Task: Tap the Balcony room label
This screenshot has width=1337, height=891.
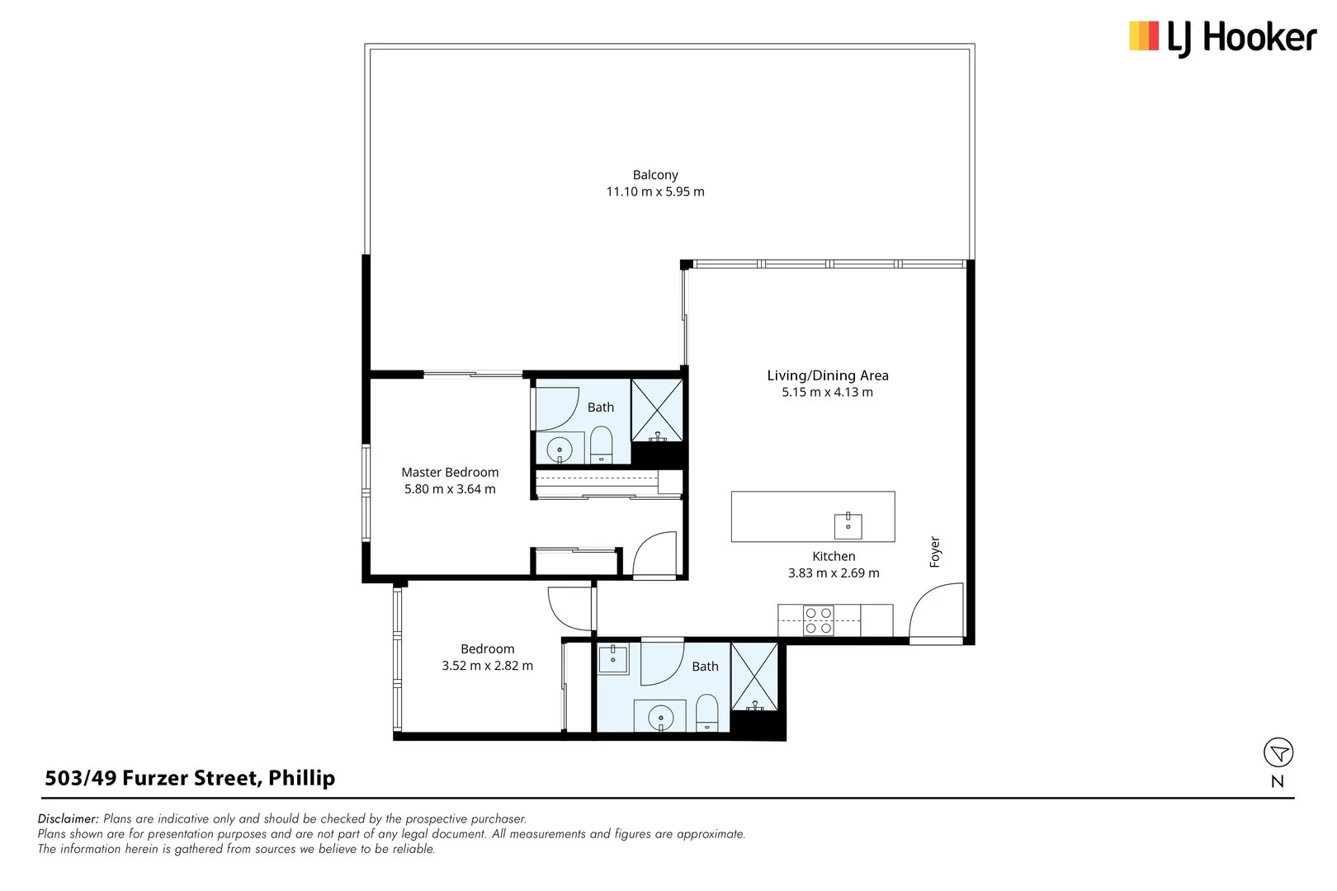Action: point(655,175)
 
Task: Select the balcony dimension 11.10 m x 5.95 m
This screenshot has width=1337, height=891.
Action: point(655,191)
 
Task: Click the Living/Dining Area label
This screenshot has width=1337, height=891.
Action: point(828,375)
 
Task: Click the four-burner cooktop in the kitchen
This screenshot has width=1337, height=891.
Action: point(818,620)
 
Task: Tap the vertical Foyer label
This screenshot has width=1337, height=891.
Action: point(935,552)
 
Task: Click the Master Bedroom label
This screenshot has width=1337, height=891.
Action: point(450,472)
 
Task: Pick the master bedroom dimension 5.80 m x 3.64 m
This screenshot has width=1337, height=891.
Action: point(450,489)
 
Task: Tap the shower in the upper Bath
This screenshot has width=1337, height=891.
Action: point(658,410)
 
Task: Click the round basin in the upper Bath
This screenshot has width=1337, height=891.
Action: point(560,450)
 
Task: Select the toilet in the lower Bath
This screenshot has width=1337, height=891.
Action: point(707,713)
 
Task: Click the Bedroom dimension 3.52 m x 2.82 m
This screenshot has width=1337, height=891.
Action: point(487,666)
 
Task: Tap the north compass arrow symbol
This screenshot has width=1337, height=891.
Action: point(1278,752)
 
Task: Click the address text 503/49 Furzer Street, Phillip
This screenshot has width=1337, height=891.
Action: point(190,778)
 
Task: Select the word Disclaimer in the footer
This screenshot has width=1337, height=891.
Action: point(68,819)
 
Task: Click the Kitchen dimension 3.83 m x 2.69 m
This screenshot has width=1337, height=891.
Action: point(834,573)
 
